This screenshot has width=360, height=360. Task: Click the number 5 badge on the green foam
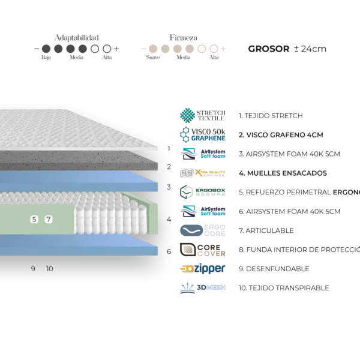tap(34, 220)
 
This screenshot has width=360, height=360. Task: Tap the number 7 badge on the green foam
tap(49, 220)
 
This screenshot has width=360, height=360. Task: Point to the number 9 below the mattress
tap(33, 269)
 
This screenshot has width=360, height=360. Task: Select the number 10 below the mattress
tap(50, 269)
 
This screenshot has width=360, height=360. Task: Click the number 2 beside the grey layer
tap(169, 167)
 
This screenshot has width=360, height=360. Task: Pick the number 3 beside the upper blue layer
tap(169, 187)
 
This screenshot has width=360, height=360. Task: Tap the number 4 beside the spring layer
tap(169, 220)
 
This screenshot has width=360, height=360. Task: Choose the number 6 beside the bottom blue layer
tap(169, 251)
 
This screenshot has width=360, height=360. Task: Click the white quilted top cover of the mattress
tap(72, 129)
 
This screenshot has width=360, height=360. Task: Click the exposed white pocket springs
tap(108, 216)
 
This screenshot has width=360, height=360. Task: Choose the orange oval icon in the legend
tap(187, 269)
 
